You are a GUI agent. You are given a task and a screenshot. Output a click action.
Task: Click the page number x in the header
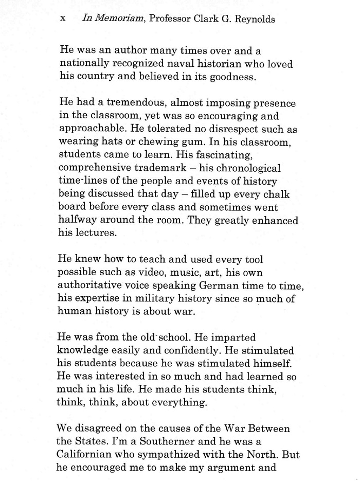63,20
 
